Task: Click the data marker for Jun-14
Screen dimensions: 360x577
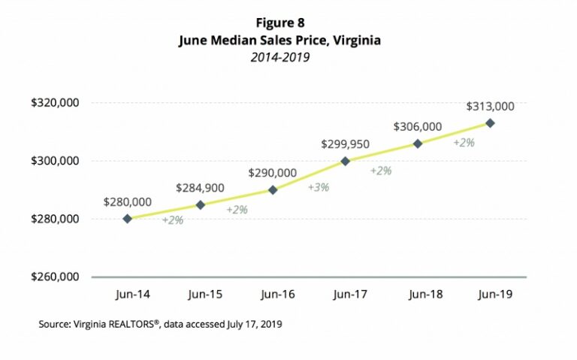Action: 128,219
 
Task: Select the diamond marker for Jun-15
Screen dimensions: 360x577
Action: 200,204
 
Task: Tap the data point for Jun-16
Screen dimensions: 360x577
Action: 273,189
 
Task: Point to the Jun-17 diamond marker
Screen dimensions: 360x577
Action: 345,161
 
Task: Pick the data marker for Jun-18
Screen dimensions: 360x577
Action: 418,144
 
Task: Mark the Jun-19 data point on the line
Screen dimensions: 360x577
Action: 490,123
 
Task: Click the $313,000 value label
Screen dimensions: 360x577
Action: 490,106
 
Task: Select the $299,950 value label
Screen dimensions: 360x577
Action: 345,144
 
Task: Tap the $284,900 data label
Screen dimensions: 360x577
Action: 200,187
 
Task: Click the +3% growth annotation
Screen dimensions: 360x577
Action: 318,186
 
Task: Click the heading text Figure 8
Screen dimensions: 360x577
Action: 279,23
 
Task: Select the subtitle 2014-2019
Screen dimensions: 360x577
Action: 279,57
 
